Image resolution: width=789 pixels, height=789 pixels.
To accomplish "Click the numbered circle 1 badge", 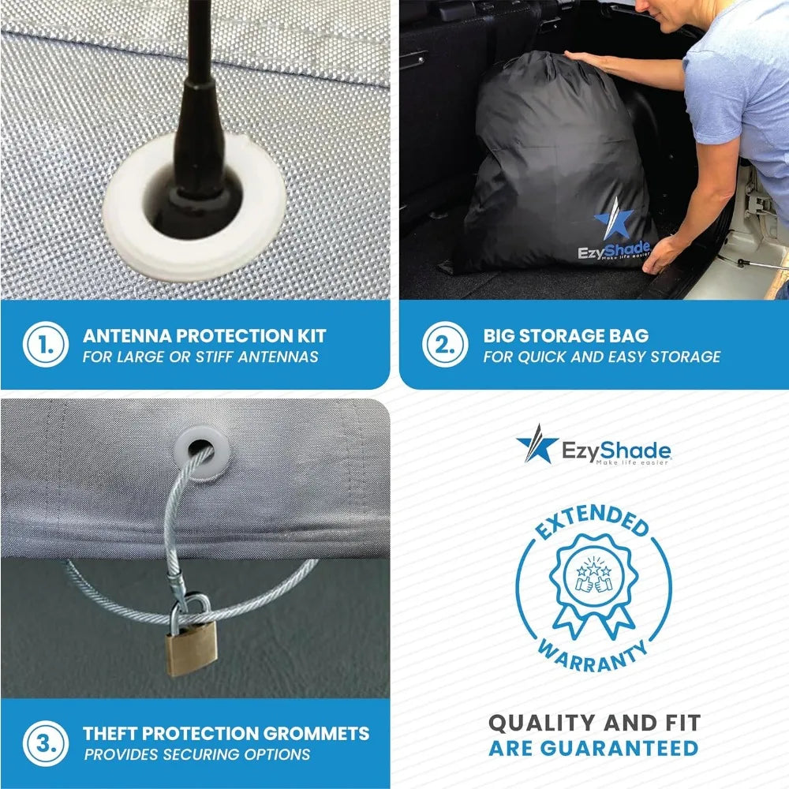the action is coord(45,344).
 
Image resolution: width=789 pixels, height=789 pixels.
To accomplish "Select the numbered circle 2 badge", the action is coord(445,344).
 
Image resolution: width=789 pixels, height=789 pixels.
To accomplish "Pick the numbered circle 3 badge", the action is coord(45,743).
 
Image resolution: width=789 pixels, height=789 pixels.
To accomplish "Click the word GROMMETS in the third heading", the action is coord(316,733).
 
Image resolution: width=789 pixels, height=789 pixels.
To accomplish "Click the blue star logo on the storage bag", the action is coord(614,220).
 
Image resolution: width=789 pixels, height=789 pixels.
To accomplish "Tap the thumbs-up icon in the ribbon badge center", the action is coord(594,584).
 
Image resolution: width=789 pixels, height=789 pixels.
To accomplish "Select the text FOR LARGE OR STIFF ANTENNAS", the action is coord(200,357).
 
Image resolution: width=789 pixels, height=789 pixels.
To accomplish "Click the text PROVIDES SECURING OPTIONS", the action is coord(197,754).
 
